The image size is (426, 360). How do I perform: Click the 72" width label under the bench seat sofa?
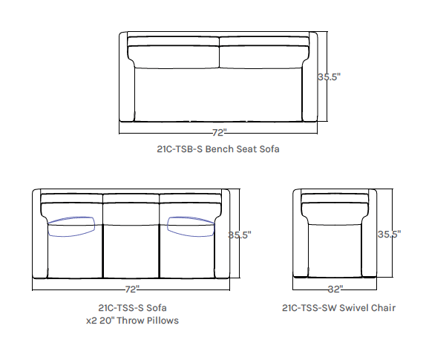click(x=219, y=133)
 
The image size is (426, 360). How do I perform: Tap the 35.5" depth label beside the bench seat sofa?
click(x=330, y=76)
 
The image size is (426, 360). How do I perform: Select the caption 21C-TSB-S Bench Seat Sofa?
click(x=218, y=149)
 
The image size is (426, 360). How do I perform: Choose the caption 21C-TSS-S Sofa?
click(x=132, y=307)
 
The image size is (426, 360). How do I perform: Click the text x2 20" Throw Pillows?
click(x=132, y=321)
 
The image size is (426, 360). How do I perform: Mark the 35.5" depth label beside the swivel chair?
click(x=388, y=235)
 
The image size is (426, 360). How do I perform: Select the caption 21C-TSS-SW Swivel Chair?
click(x=338, y=307)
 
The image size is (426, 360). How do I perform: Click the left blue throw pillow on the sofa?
click(x=72, y=226)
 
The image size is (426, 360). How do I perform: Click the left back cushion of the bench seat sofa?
click(x=174, y=56)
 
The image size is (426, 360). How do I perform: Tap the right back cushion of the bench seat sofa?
click(x=263, y=56)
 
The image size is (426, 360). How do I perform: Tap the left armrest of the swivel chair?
click(x=300, y=238)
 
